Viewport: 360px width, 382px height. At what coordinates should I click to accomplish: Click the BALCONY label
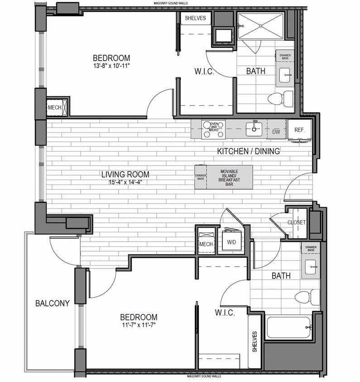pyautogui.click(x=53, y=303)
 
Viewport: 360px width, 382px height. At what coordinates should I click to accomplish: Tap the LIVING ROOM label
pyautogui.click(x=125, y=174)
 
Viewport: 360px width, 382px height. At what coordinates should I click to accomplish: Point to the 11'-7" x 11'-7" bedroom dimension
pyautogui.click(x=139, y=325)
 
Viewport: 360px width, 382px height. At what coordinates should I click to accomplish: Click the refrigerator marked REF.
pyautogui.click(x=299, y=130)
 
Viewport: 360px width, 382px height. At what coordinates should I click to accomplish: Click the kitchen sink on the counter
pyautogui.click(x=254, y=129)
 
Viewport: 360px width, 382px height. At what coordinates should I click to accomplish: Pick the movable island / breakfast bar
pyautogui.click(x=230, y=177)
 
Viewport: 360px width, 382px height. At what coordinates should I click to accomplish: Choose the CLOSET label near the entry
pyautogui.click(x=297, y=223)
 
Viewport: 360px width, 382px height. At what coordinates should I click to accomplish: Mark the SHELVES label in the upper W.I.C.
pyautogui.click(x=195, y=19)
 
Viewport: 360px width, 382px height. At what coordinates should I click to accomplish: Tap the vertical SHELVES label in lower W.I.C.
pyautogui.click(x=254, y=342)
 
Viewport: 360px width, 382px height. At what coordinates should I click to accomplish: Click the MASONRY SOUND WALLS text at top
pyautogui.click(x=171, y=3)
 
